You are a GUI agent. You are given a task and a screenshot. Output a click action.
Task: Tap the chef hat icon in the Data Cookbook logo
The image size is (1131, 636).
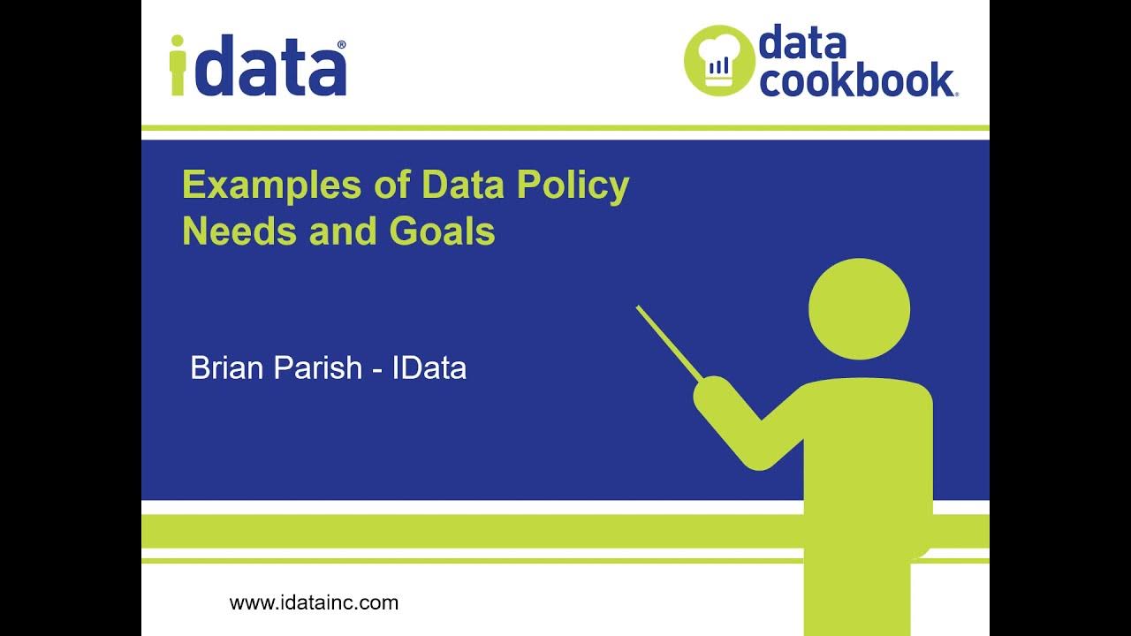coord(718,61)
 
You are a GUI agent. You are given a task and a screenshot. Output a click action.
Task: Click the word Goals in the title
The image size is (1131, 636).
coord(442,231)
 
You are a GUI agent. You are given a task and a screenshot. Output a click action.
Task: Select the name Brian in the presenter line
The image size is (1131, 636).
coord(228,367)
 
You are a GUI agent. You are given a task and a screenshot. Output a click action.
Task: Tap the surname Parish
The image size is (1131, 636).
coord(318,367)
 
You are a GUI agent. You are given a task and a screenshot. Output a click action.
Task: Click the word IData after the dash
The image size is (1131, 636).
coord(429,367)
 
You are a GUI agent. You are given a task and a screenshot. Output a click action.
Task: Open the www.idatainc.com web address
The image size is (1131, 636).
coord(314,602)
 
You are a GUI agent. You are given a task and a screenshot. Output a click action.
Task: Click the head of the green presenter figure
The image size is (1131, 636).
coord(859,309)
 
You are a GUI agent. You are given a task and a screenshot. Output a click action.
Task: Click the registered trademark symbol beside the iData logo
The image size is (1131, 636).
coord(341,44)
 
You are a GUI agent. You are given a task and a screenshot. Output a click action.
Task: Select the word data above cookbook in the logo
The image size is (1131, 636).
coord(801,43)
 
